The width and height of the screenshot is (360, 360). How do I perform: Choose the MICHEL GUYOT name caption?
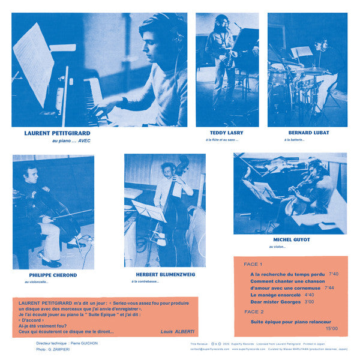[x=290, y=239]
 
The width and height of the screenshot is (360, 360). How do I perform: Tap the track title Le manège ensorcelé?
[x=275, y=295]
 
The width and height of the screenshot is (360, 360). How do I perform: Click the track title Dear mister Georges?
[x=276, y=302]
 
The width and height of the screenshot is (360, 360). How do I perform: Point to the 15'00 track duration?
[x=331, y=328]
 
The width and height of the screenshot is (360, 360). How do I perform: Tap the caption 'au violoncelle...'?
[x=37, y=282]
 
